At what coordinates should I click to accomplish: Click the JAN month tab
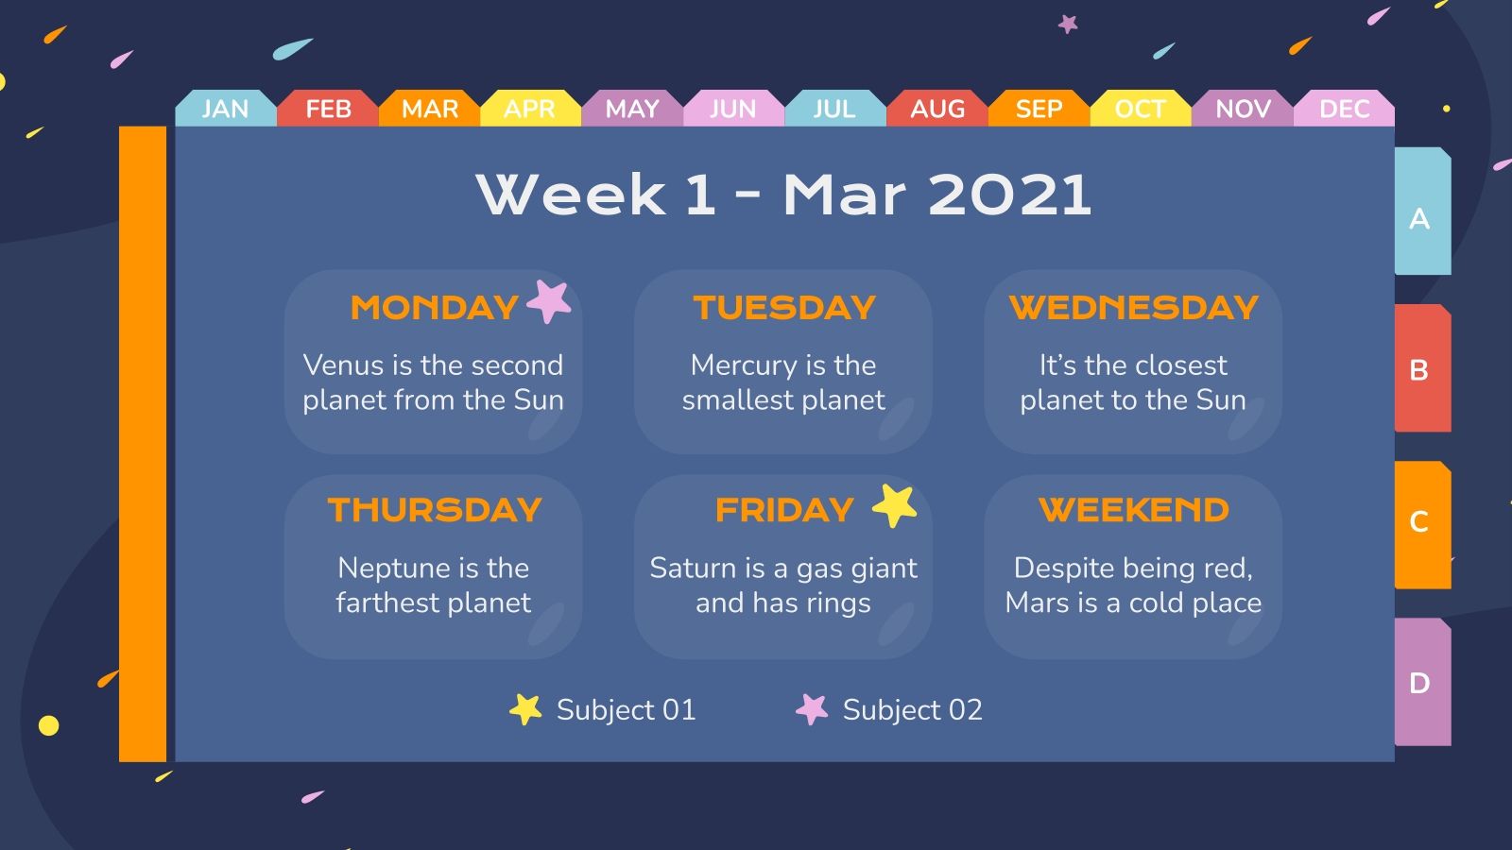point(225,109)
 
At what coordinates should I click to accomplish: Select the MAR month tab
point(429,109)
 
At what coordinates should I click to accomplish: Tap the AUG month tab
point(936,109)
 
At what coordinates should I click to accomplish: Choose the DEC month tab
point(1344,109)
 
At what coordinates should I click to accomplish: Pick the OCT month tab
point(1140,109)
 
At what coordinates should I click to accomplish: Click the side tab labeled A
point(1420,218)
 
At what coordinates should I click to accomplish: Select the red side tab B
point(1420,370)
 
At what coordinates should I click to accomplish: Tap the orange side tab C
point(1420,521)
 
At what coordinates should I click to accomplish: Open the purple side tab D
point(1420,682)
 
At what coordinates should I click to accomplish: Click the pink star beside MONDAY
point(549,301)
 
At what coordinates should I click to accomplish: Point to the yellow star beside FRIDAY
point(894,506)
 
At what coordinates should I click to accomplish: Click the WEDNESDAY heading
point(1133,308)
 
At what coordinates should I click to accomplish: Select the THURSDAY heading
point(434,510)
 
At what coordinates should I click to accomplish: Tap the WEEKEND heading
point(1133,510)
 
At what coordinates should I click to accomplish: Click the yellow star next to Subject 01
point(525,709)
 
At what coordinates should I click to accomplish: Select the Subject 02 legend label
point(912,709)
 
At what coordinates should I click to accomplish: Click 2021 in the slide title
point(1009,195)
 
